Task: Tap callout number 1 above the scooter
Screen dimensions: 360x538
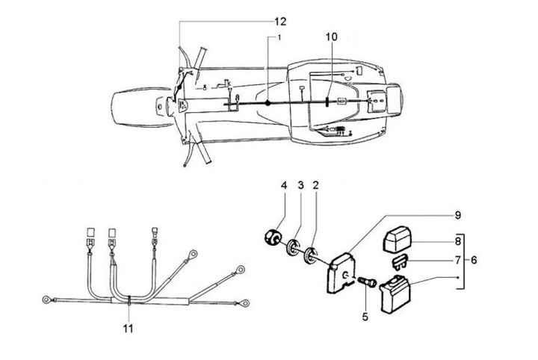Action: coord(279,37)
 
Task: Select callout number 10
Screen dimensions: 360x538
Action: coord(332,37)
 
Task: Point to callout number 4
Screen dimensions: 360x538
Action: coord(284,184)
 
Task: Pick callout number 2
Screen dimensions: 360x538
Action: coord(316,184)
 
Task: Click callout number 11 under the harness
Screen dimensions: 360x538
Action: coord(130,327)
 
